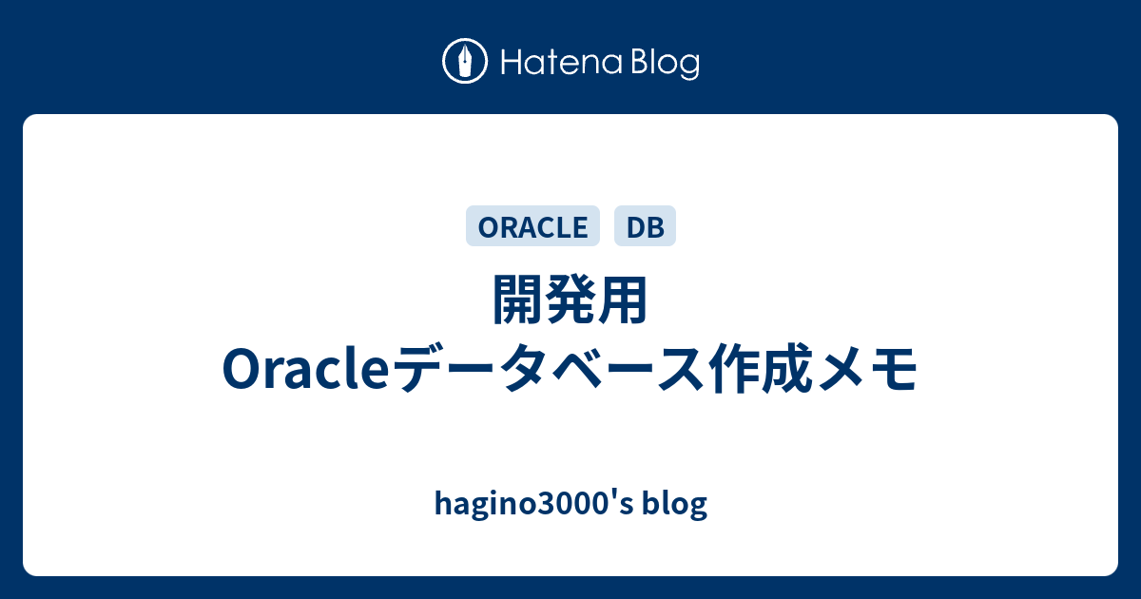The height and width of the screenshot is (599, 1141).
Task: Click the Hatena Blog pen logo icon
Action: point(465,61)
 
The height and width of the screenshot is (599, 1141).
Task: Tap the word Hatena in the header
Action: point(562,63)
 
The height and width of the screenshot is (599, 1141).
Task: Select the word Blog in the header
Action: point(666,65)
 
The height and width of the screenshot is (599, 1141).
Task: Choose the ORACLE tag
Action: point(532,226)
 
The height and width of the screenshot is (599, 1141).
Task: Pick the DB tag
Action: point(645,226)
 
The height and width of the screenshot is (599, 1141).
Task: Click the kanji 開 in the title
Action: point(518,300)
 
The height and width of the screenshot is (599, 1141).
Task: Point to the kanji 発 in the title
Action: point(570,300)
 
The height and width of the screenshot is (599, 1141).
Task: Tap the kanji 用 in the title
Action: point(623,300)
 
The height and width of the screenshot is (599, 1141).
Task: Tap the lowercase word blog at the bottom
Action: point(675,504)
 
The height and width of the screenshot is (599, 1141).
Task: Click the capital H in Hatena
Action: point(512,63)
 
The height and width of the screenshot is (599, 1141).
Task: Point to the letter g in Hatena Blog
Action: point(688,68)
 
